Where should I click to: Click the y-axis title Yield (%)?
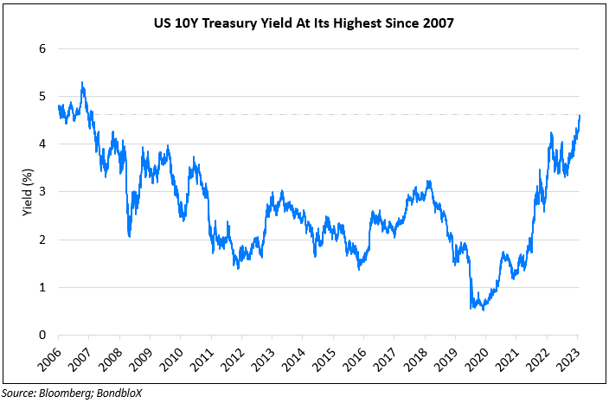[29, 191]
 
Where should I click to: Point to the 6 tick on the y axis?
[41, 48]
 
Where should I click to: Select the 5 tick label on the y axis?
[41, 96]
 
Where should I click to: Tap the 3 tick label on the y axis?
[41, 192]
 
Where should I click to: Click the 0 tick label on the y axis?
[41, 336]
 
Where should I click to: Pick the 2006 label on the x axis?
[48, 356]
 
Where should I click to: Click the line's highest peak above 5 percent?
[82, 83]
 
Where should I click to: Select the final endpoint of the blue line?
[579, 115]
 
